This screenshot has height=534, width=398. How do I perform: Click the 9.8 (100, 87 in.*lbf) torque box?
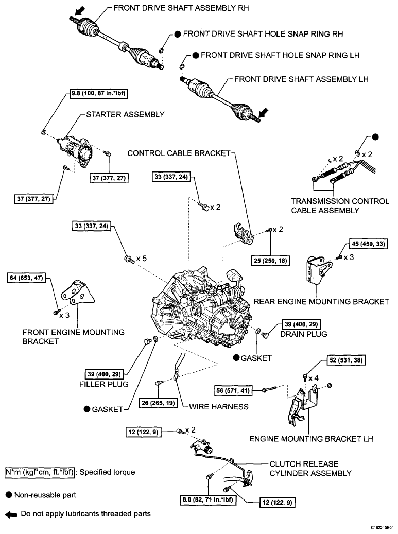(x=99, y=94)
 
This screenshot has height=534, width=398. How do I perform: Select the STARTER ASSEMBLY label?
(x=121, y=114)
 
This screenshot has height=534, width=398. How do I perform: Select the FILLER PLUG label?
(x=109, y=384)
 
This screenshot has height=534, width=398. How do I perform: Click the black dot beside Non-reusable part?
(x=9, y=495)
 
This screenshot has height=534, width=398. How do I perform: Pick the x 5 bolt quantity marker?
(x=142, y=259)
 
